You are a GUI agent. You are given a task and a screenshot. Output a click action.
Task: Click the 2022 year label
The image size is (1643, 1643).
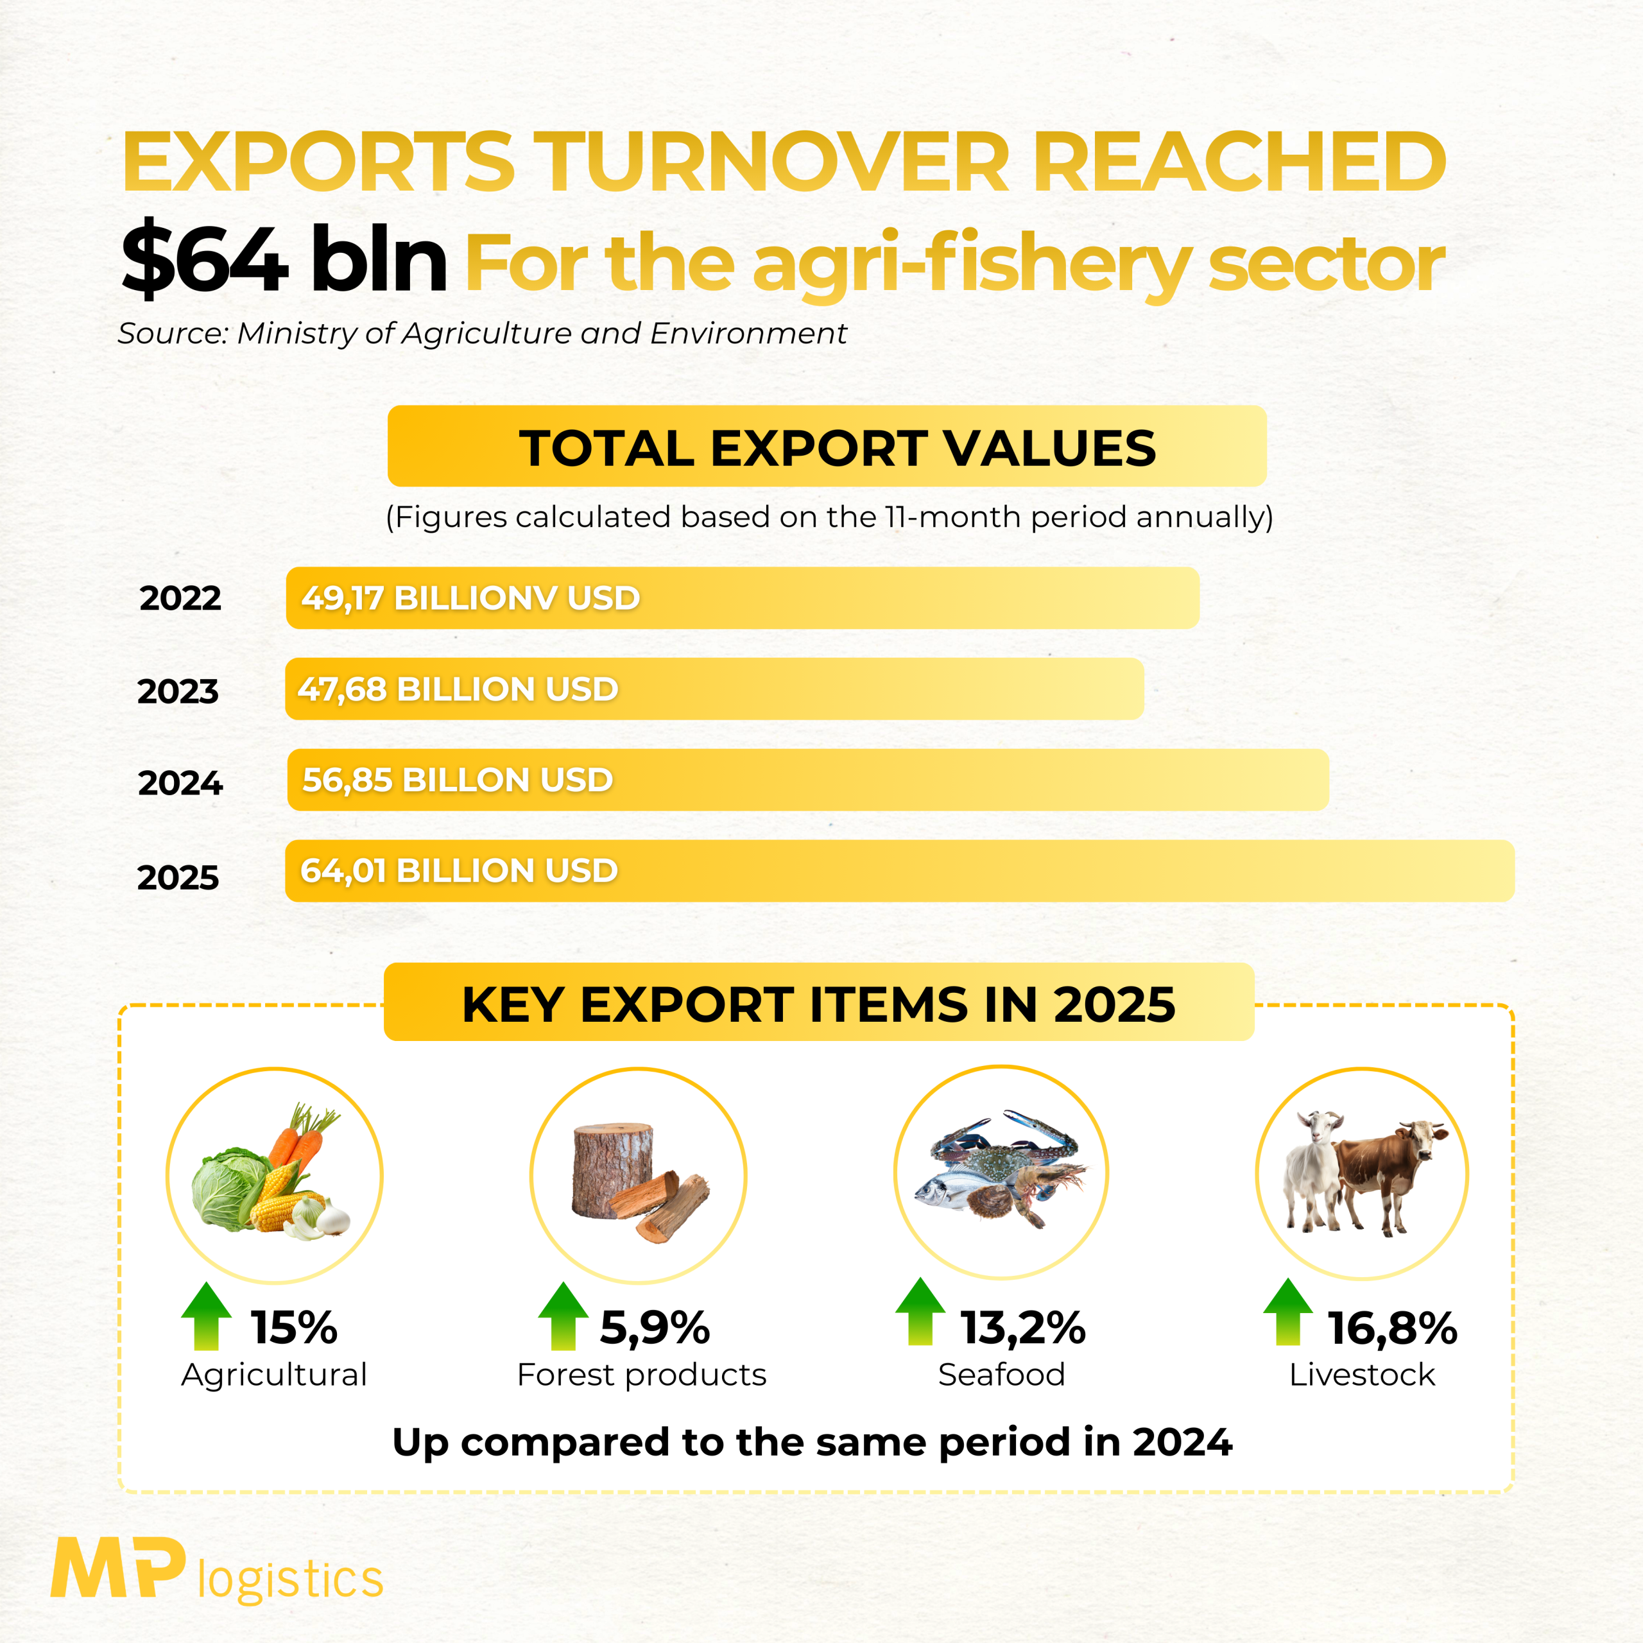click(180, 598)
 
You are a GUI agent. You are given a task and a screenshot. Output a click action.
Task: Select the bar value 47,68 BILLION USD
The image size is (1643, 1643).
click(458, 689)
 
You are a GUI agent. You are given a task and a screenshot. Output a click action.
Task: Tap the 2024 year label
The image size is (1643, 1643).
click(180, 782)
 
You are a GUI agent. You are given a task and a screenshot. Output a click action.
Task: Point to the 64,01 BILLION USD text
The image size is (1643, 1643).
click(460, 871)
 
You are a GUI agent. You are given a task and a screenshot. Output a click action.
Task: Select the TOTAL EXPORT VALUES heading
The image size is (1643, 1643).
click(837, 447)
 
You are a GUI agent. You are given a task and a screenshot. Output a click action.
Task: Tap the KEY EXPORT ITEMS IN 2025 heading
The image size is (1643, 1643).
click(818, 1004)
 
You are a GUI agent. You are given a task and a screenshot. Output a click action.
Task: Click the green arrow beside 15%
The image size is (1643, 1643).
click(207, 1316)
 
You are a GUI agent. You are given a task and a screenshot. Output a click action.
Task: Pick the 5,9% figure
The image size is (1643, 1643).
click(655, 1327)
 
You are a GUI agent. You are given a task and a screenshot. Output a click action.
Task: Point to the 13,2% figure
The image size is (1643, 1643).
click(1023, 1327)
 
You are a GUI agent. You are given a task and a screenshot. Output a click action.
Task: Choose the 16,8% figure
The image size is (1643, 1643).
click(1392, 1327)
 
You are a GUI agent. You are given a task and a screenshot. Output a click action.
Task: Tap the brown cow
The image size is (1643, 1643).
click(1386, 1174)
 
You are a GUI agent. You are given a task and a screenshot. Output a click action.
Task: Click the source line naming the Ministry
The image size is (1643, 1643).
click(482, 333)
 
